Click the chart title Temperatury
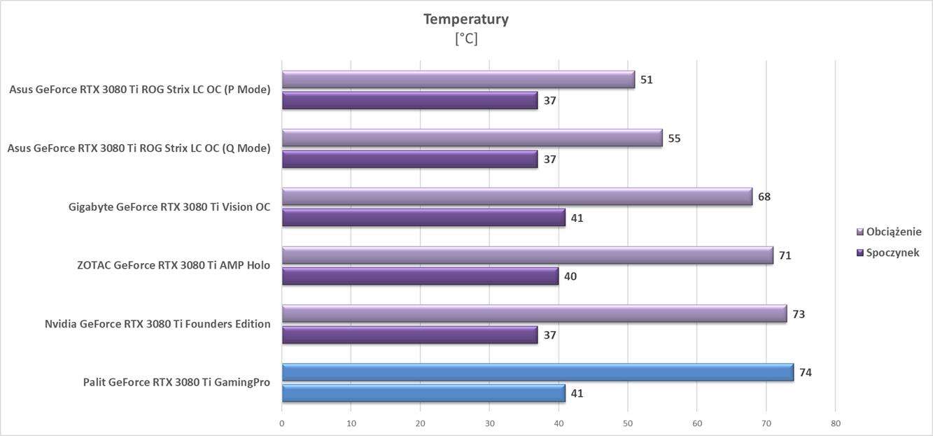click(465, 19)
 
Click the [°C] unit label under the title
click(465, 38)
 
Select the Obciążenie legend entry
click(893, 232)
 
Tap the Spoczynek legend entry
click(892, 253)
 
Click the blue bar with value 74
click(538, 372)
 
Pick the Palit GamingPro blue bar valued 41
click(423, 393)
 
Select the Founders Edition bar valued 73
click(534, 314)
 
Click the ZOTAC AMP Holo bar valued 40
click(420, 276)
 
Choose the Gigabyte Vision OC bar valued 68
click(517, 197)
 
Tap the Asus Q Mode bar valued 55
click(472, 138)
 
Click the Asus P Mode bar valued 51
click(458, 79)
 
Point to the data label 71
click(785, 255)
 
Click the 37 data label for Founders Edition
click(550, 335)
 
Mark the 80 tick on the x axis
click(835, 423)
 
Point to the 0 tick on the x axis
click(282, 423)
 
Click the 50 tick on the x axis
click(628, 423)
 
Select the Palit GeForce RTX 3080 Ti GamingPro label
click(176, 382)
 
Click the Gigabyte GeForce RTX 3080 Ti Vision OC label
click(169, 206)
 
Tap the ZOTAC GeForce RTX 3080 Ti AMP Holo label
click(174, 265)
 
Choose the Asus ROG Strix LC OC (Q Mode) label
click(139, 148)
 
